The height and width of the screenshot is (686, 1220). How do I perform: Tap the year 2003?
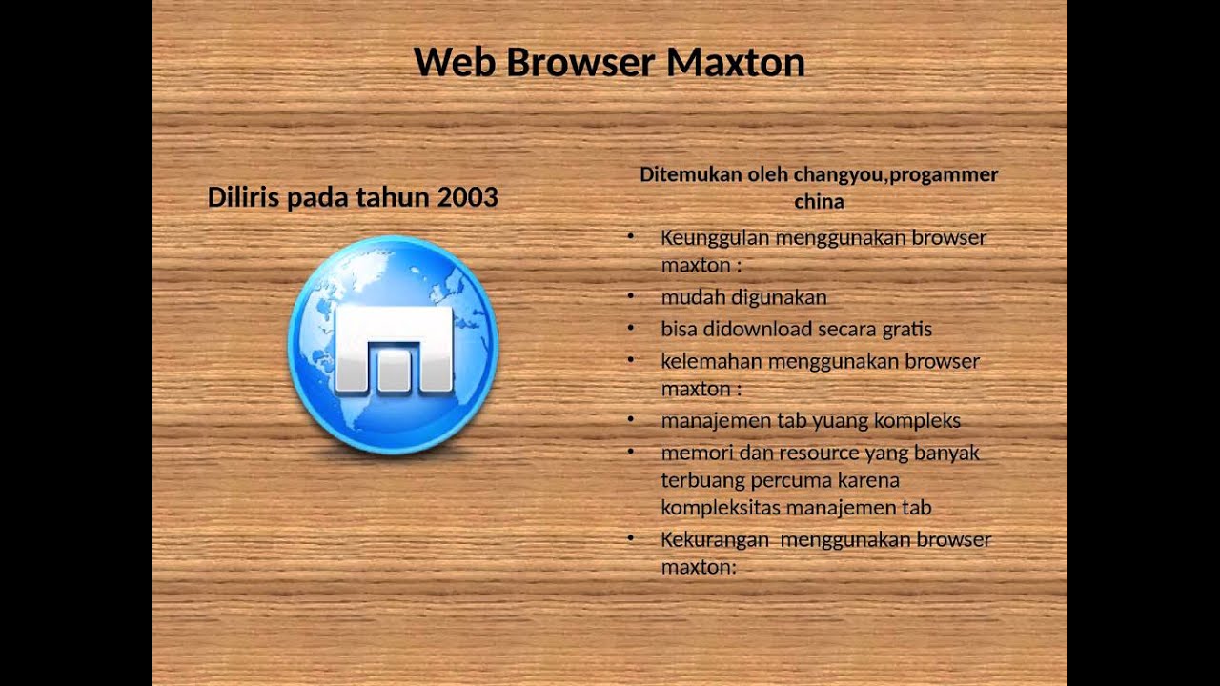(x=467, y=197)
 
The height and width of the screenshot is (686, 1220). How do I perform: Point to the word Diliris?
(x=244, y=197)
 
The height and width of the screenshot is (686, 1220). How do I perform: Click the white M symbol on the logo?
(x=394, y=350)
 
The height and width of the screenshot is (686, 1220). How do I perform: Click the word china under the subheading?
(x=819, y=202)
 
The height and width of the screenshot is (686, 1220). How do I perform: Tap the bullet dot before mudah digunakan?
(x=631, y=296)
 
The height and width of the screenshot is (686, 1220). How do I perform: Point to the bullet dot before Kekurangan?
(x=631, y=539)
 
